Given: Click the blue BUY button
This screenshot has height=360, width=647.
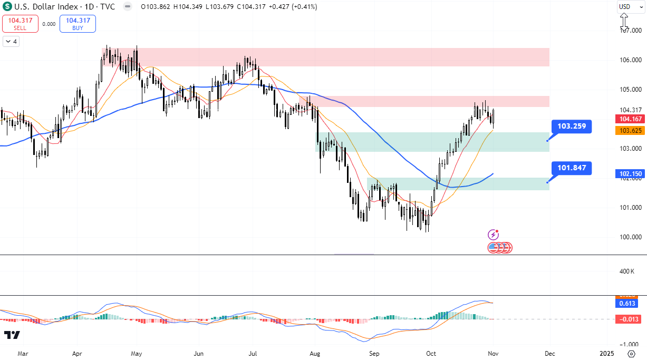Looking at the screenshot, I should click(x=78, y=24).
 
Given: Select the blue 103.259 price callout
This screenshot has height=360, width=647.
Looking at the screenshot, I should click(x=572, y=127).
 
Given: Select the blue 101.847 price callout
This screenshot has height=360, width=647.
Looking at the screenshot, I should click(x=572, y=169).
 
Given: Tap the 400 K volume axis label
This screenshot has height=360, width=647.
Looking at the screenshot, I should click(x=627, y=271).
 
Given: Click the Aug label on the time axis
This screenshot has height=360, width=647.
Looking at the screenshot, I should click(x=315, y=353).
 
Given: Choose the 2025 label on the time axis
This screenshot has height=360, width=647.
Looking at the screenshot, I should click(x=606, y=353).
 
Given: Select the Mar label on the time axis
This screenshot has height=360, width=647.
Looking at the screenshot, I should click(x=22, y=353).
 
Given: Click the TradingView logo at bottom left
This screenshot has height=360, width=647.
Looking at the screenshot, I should click(x=12, y=335).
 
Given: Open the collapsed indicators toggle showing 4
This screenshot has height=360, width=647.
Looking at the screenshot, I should click(x=11, y=41).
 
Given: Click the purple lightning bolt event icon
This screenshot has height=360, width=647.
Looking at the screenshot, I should click(x=494, y=235).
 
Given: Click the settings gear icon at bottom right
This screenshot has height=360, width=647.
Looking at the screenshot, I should click(x=631, y=353).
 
